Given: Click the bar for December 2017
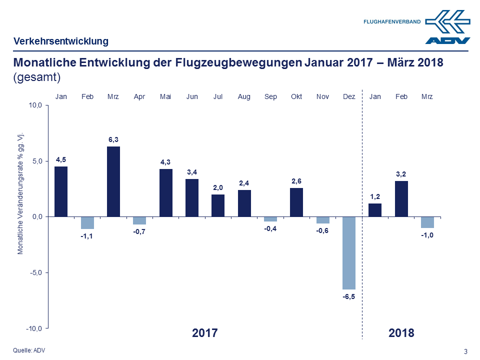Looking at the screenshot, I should point(348,252).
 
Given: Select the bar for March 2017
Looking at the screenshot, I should point(113,181).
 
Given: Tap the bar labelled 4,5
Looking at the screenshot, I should point(61,191).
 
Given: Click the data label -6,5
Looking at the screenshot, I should point(348,297).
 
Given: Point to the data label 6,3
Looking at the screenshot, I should point(113,139).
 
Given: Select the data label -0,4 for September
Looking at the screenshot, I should point(270,229).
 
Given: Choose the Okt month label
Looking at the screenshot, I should point(296,96).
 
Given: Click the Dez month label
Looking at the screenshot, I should point(349,96).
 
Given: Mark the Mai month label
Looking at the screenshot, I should point(165,96).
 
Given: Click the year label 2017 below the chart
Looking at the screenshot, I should point(205,333).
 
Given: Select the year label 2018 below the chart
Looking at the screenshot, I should point(401,333).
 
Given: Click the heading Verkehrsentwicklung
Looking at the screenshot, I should point(60,41).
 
